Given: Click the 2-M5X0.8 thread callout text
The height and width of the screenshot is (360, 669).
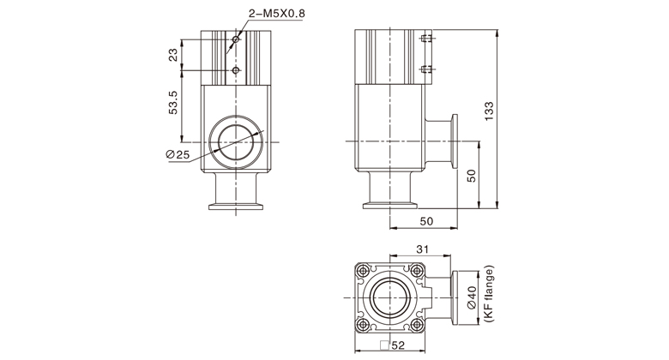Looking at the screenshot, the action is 277,14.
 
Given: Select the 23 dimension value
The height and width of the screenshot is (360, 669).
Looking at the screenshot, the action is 173,55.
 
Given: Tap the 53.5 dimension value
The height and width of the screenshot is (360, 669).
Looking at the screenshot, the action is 173,102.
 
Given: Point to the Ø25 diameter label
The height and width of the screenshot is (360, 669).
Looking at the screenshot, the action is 178,154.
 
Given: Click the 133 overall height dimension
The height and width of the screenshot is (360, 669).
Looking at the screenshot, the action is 489,111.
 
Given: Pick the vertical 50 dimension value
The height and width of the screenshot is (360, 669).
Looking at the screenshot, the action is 471,176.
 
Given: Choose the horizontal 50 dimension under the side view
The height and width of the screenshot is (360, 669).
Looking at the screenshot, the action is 426,221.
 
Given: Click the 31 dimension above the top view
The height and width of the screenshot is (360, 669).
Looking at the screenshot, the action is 422,249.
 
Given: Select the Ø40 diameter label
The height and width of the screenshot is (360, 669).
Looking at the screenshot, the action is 472,297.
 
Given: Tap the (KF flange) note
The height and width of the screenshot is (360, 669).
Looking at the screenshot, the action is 490,294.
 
